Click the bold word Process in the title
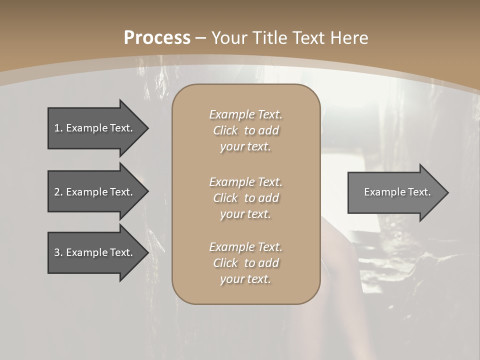157,38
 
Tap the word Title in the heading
269,38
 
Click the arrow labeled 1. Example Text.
95,128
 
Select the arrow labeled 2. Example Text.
95,192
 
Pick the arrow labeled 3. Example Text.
95,252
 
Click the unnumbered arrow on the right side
395,192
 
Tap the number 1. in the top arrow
58,128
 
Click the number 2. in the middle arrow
58,192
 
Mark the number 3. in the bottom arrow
58,252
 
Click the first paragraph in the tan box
245,130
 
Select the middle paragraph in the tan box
245,198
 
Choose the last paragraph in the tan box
245,263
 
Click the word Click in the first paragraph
225,130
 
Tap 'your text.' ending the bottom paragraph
245,279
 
